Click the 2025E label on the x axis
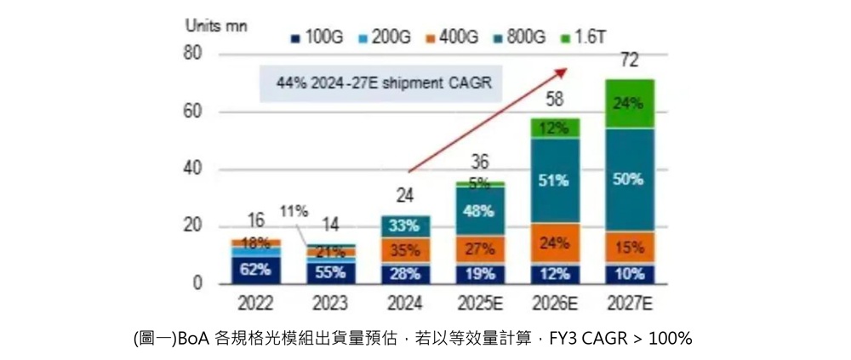coord(480,303)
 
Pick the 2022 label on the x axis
coord(255,303)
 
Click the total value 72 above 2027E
coord(630,60)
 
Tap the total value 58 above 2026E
coord(555,100)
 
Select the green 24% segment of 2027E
coord(630,104)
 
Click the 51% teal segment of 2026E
coord(555,180)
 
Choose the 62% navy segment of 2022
coord(255,270)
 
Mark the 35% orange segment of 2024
coord(405,250)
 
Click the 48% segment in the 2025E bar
coord(480,211)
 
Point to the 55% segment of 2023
coord(329,272)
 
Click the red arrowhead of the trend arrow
coord(563,71)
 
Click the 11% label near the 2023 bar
coord(294,210)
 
